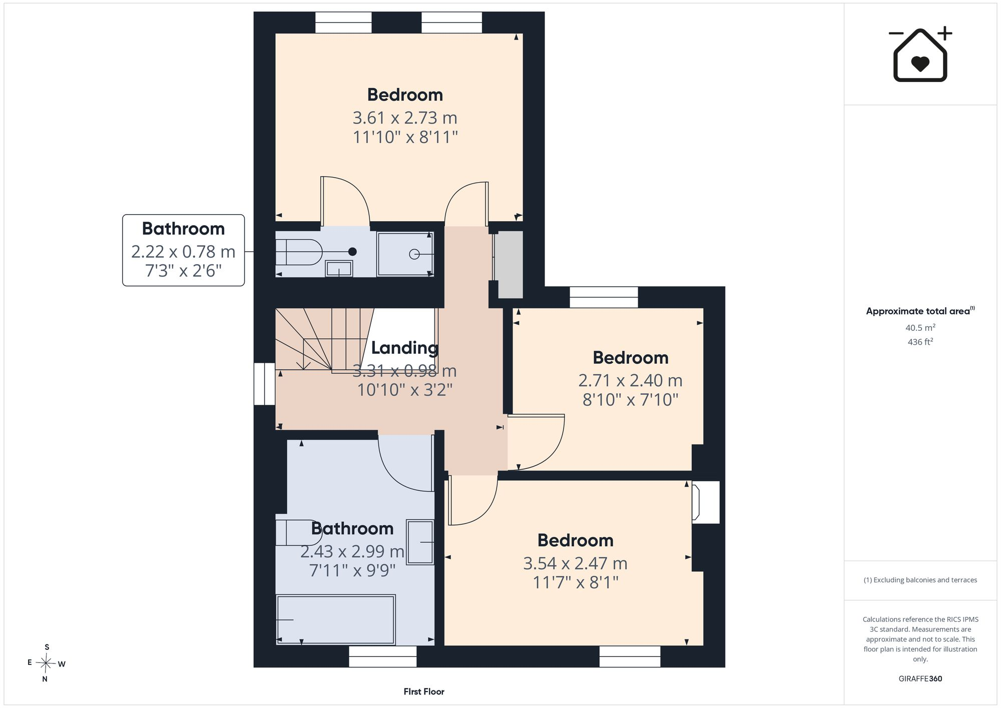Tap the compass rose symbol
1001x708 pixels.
click(x=46, y=663)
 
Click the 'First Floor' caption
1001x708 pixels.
click(x=424, y=691)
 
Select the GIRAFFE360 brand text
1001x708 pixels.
click(x=920, y=678)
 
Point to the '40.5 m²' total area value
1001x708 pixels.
click(x=920, y=328)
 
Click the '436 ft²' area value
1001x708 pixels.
click(x=920, y=342)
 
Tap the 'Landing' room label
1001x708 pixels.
click(x=404, y=347)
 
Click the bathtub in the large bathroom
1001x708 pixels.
click(x=336, y=619)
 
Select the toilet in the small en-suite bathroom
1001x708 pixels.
click(x=298, y=252)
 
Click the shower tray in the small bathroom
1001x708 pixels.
click(x=405, y=254)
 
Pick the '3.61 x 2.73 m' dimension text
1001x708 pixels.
click(x=405, y=118)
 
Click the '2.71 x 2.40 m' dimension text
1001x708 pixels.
click(x=630, y=381)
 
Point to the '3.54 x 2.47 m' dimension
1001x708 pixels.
click(x=575, y=564)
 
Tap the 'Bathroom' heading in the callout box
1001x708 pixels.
click(x=183, y=229)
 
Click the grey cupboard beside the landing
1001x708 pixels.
click(x=509, y=264)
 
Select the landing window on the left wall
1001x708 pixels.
click(x=264, y=384)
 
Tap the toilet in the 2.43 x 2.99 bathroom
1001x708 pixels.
click(x=298, y=532)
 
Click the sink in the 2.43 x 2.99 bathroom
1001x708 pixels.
click(x=420, y=542)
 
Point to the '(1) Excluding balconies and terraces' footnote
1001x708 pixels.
click(x=920, y=580)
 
